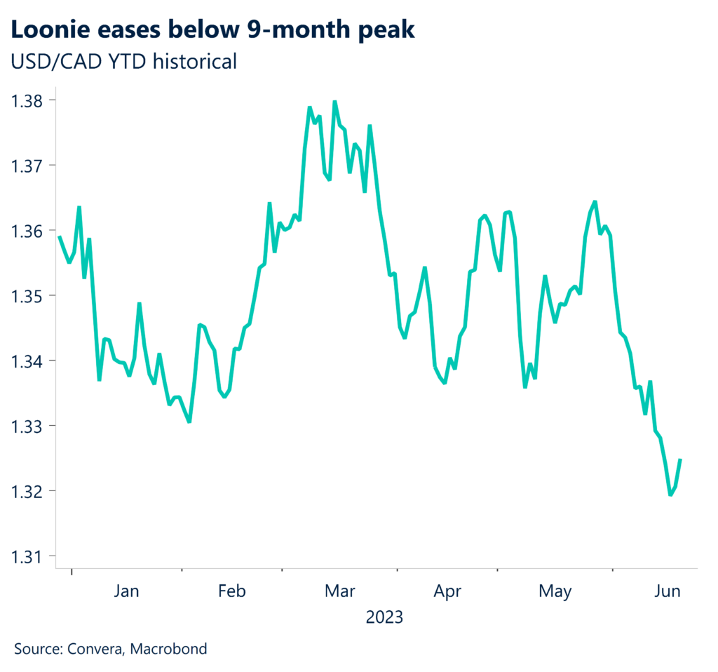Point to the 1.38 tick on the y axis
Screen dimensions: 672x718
tap(27, 100)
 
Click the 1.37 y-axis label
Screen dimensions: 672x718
tap(27, 166)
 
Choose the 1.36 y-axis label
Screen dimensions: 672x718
tap(27, 231)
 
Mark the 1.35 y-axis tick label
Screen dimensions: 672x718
tap(27, 296)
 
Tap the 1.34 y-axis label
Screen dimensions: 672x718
tap(27, 361)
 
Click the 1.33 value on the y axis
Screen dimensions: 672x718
tap(27, 426)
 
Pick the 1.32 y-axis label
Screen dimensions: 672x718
tap(27, 491)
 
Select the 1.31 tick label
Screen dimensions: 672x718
tap(27, 556)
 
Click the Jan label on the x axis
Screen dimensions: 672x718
tap(126, 592)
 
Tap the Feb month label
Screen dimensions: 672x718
tap(232, 592)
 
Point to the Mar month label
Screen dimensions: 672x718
tap(340, 592)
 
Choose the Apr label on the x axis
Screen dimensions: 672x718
tap(447, 592)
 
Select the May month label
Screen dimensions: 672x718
tap(555, 592)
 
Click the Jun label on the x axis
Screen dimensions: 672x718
tap(667, 592)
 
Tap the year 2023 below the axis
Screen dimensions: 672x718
tap(384, 618)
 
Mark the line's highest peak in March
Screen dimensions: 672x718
tap(334, 102)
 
